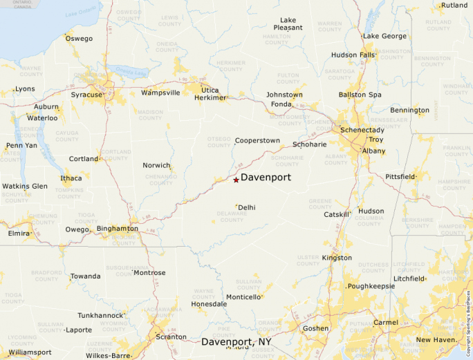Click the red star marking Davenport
pyautogui.click(x=236, y=180)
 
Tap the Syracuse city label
pyautogui.click(x=86, y=94)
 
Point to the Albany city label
pyautogui.click(x=373, y=151)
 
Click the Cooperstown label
pyautogui.click(x=257, y=140)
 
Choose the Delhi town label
pyautogui.click(x=247, y=207)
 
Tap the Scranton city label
pyautogui.click(x=171, y=337)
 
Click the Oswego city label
pyautogui.click(x=79, y=39)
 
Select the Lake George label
pyautogui.click(x=384, y=36)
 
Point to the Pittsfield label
pyautogui.click(x=400, y=177)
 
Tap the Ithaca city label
pyautogui.click(x=71, y=178)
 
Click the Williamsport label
pyautogui.click(x=30, y=352)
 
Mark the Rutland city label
pyautogui.click(x=454, y=6)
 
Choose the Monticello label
pyautogui.click(x=244, y=297)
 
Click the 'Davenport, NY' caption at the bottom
pyautogui.click(x=236, y=342)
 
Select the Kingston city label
pyautogui.click(x=337, y=258)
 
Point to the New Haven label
pyautogui.click(x=436, y=340)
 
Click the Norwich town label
pyautogui.click(x=156, y=166)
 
